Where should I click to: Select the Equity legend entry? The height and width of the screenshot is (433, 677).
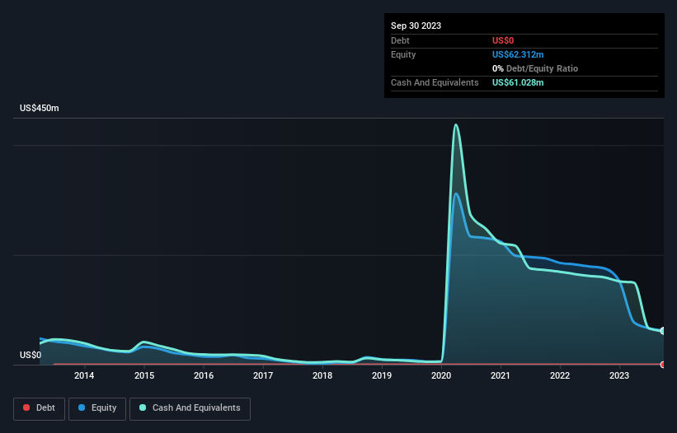click(x=97, y=407)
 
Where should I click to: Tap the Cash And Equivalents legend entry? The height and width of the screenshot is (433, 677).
click(x=190, y=407)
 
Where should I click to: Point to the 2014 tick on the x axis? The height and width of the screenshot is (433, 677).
click(x=83, y=376)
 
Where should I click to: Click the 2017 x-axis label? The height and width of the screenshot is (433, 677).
click(x=263, y=376)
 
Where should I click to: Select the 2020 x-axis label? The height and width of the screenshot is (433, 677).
click(x=441, y=376)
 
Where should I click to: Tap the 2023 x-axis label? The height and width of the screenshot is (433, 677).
click(x=619, y=376)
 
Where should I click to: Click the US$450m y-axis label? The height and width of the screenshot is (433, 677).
click(x=40, y=109)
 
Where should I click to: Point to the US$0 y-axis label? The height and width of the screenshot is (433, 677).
click(x=30, y=355)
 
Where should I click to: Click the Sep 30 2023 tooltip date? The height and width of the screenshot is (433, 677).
click(x=416, y=26)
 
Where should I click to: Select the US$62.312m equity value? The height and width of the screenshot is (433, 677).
click(x=518, y=54)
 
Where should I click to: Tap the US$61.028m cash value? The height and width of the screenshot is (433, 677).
click(x=518, y=82)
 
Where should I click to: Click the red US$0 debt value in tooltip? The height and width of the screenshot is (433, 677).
click(x=504, y=40)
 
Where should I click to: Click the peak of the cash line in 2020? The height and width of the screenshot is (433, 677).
click(x=455, y=125)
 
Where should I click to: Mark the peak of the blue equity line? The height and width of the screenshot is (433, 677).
click(x=456, y=193)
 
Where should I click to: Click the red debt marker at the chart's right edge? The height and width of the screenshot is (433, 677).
click(x=663, y=364)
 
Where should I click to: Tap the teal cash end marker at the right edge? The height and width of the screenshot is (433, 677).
click(x=663, y=331)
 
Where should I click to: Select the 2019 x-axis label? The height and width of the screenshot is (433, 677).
click(x=382, y=376)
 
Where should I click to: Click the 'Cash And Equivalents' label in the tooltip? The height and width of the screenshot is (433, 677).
click(x=435, y=82)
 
